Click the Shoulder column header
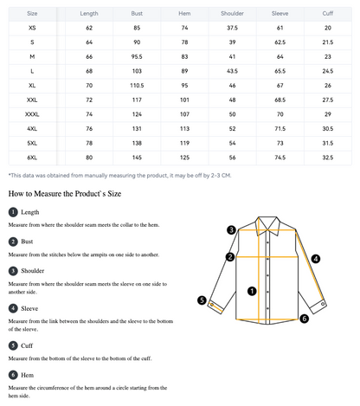(x=232, y=14)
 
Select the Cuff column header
(x=328, y=14)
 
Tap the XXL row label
(x=32, y=100)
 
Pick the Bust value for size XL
(x=137, y=86)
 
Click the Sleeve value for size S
(x=280, y=42)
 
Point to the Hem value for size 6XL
(x=184, y=158)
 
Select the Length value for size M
(x=89, y=57)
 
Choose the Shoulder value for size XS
(x=232, y=28)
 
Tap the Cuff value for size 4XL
(x=328, y=129)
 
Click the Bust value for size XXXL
(x=137, y=114)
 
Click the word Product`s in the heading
(x=90, y=194)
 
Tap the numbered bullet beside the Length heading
(x=13, y=212)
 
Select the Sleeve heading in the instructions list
(x=29, y=308)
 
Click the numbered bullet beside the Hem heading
(x=13, y=375)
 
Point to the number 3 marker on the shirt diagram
(x=231, y=230)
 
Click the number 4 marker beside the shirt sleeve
(x=316, y=259)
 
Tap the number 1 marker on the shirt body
(x=252, y=291)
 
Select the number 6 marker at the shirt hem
(x=304, y=319)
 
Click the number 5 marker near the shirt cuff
(x=202, y=300)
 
